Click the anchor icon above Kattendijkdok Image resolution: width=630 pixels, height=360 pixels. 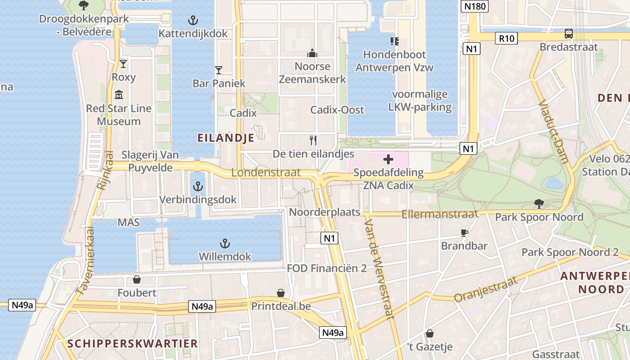193,20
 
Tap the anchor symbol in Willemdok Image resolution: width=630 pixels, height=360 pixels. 225,243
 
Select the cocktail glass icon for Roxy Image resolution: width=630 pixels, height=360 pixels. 123,64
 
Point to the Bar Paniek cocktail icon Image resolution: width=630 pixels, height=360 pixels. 219,70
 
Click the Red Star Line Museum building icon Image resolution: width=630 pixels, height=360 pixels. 119,95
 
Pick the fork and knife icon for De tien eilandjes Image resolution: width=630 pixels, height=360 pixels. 313,140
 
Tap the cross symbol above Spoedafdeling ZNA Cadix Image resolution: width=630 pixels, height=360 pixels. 388,159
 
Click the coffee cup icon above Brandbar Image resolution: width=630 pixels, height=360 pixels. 464,233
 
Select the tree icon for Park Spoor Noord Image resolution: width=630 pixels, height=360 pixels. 539,204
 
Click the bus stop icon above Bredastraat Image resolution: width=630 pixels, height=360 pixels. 569,34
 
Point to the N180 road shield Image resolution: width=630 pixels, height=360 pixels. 475,6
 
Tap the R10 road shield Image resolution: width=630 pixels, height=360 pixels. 506,38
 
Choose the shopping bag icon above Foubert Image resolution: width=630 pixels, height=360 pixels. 137,280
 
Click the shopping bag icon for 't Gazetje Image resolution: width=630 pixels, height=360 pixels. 430,333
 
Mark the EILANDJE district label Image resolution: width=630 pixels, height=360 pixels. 226,138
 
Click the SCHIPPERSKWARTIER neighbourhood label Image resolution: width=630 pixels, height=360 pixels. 133,344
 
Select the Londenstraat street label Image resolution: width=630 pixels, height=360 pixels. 265,173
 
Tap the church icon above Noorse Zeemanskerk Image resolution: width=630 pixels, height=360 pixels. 312,54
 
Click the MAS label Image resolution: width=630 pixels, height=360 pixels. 128,223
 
